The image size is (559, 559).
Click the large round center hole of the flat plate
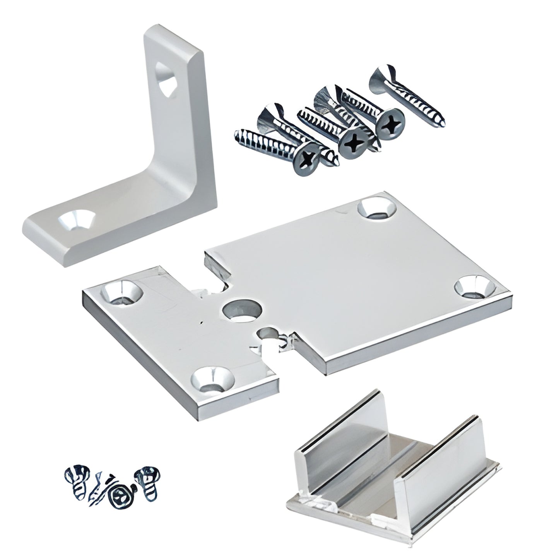click(242, 312)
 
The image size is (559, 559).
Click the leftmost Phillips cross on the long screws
click(308, 159)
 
